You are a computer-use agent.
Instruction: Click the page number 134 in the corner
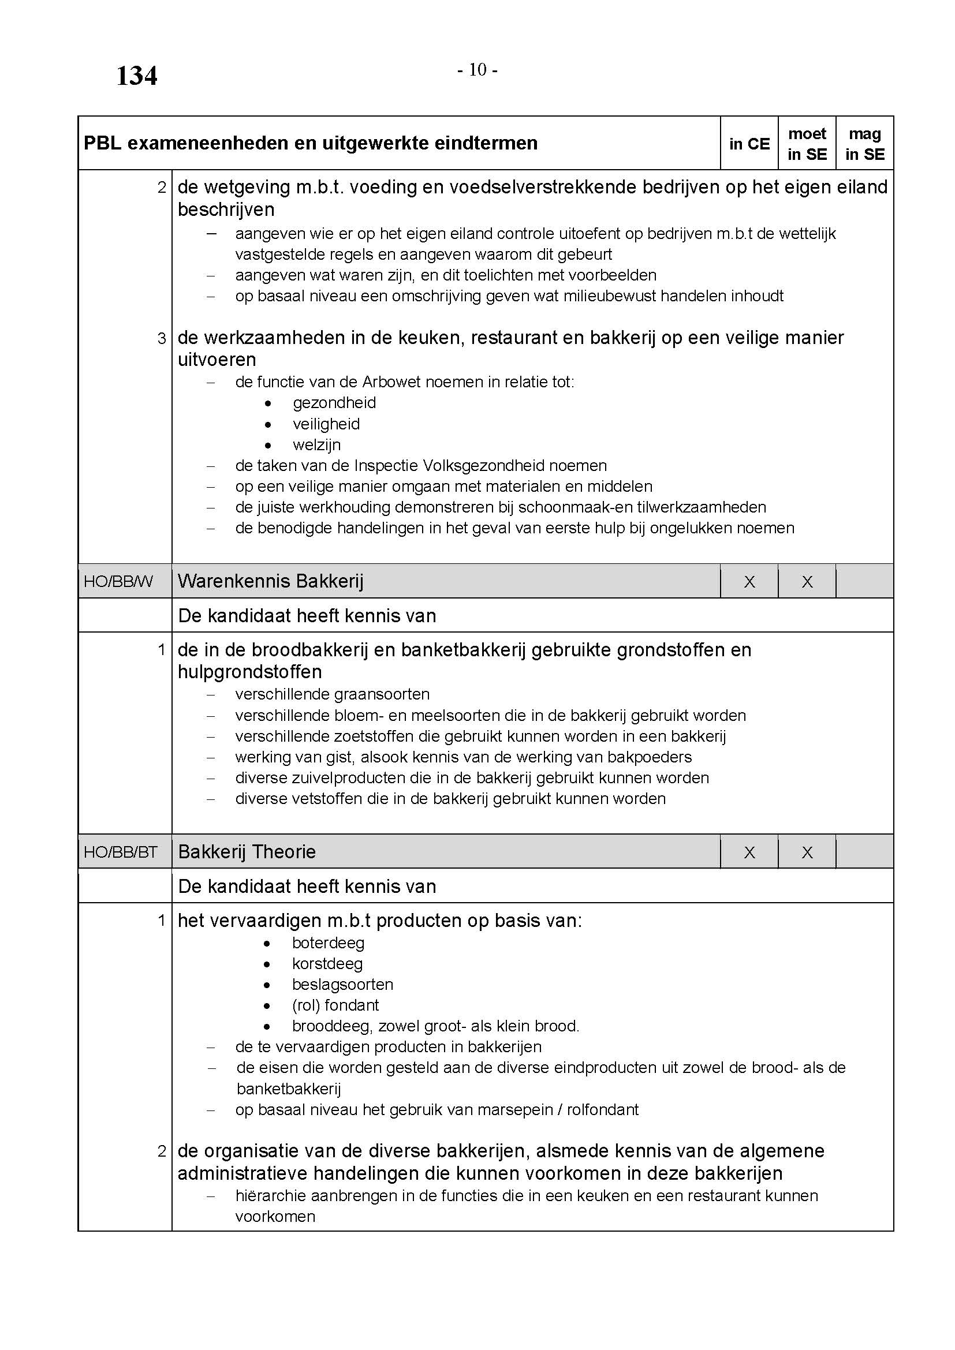(136, 76)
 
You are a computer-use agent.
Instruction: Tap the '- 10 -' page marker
(477, 70)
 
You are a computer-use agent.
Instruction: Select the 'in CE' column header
(749, 144)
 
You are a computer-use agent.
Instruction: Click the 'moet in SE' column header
(807, 144)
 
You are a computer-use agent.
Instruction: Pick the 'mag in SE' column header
(864, 144)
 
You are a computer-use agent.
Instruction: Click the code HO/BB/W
(118, 582)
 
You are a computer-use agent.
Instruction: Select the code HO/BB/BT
(121, 852)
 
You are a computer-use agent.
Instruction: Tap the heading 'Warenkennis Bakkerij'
(270, 581)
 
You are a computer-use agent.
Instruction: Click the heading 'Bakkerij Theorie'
(247, 851)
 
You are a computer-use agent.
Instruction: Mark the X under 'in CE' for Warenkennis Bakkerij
(749, 582)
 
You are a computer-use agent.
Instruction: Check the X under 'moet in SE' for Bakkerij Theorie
(807, 852)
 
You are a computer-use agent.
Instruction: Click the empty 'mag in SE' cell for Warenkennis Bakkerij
(864, 582)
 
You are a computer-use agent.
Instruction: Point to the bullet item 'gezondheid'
(334, 403)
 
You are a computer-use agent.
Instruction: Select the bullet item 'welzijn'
(316, 444)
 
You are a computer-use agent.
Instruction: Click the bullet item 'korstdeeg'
(327, 964)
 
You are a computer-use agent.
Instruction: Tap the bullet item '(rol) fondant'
(335, 1005)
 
